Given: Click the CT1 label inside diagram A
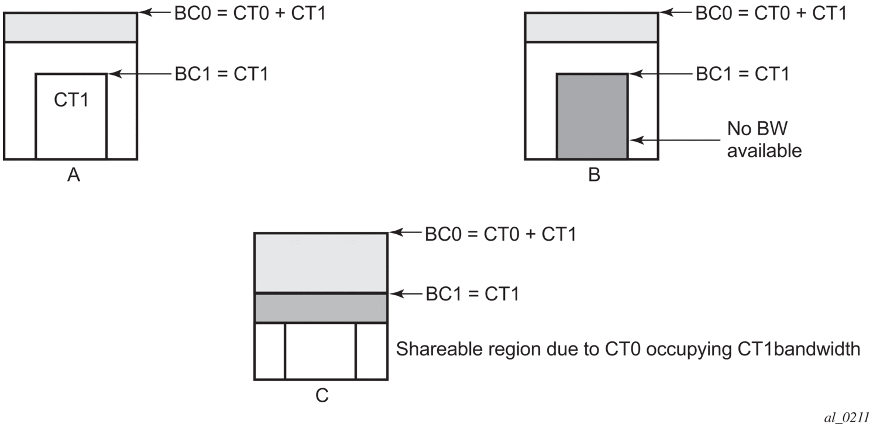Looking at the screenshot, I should click(71, 100).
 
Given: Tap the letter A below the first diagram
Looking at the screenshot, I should click(73, 175).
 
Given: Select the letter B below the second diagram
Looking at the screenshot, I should click(594, 175).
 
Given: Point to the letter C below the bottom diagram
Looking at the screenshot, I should click(322, 396).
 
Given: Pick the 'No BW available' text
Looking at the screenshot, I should click(764, 139).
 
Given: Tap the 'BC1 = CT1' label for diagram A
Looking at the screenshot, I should click(221, 74).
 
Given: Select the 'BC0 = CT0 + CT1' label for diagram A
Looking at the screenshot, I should click(250, 12).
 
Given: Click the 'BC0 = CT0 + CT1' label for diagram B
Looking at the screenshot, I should click(771, 12).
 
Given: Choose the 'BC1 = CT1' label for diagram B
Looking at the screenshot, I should click(742, 74).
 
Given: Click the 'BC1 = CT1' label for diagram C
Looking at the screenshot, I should click(472, 293).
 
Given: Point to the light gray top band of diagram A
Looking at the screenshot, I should click(70, 27).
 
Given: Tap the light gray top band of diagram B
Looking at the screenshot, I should click(591, 27).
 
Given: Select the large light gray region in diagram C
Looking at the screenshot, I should click(321, 262).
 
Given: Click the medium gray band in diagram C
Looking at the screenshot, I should click(321, 307).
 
